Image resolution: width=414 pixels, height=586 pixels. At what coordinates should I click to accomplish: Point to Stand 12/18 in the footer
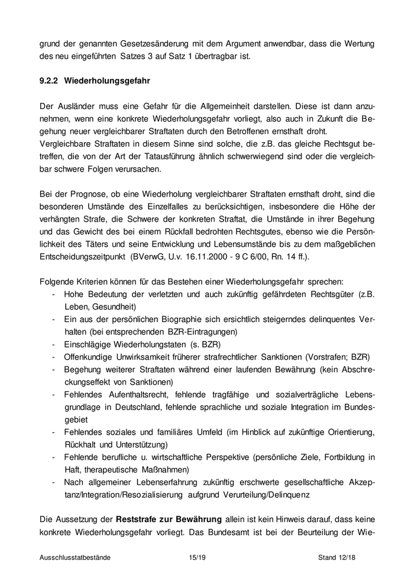(343, 557)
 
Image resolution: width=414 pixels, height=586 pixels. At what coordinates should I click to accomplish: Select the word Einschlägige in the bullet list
(86, 344)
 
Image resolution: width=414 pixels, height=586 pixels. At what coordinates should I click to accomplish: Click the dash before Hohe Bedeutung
(54, 295)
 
